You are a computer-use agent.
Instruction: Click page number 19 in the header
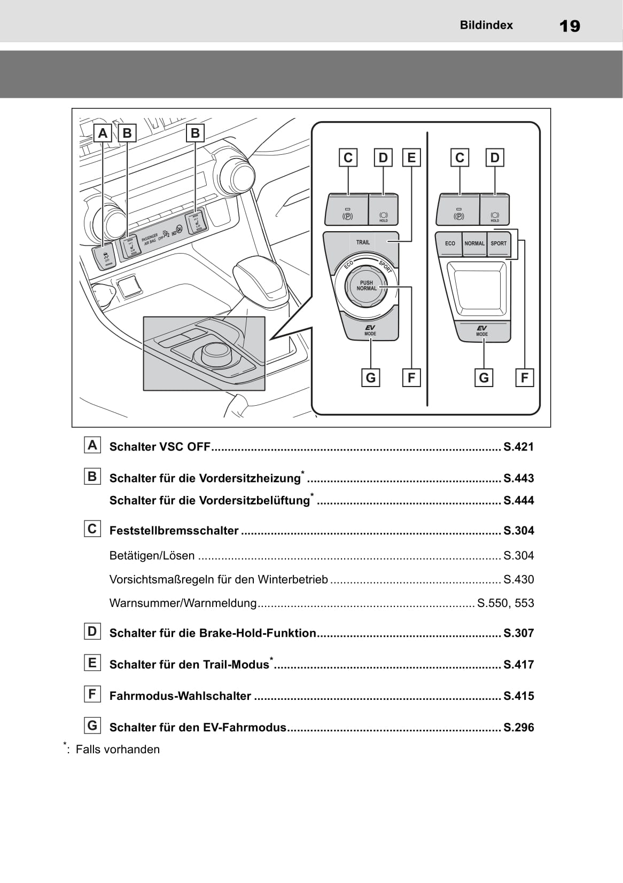tap(570, 26)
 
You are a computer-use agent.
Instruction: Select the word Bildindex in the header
tap(486, 25)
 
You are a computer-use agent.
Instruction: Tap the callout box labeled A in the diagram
tap(103, 133)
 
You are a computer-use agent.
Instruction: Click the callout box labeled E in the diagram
tap(411, 157)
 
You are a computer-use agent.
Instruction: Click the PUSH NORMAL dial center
tap(367, 286)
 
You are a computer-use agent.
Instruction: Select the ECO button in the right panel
tap(450, 243)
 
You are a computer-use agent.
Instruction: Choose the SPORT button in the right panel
tap(499, 243)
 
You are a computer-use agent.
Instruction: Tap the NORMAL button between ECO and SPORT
tap(474, 243)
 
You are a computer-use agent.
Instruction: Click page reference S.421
tap(518, 447)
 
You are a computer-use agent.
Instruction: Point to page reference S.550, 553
tap(505, 603)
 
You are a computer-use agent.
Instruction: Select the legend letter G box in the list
tap(92, 726)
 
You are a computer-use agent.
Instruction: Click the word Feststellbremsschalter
tap(174, 531)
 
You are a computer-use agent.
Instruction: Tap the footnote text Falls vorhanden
tap(118, 750)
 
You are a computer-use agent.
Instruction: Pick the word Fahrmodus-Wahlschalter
tap(180, 696)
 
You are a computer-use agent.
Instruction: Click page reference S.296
tap(518, 727)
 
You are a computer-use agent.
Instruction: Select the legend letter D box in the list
tap(92, 632)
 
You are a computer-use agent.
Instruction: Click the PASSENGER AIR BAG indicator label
tap(151, 239)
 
